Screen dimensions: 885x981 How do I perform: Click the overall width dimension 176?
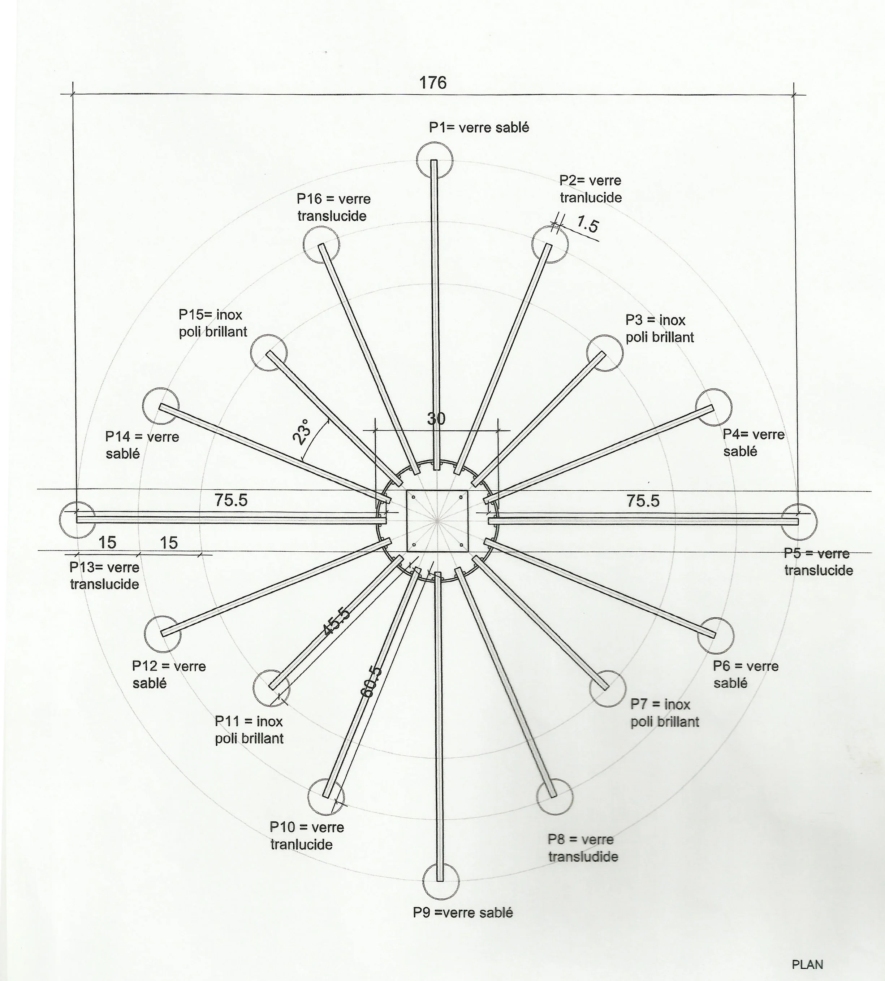click(433, 83)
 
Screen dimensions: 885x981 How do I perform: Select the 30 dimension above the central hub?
click(436, 418)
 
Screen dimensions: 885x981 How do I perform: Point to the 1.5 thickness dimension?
click(587, 224)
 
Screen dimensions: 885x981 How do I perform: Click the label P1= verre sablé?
click(479, 127)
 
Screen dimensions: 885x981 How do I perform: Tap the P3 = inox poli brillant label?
click(659, 329)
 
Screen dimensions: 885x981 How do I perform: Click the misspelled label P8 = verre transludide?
click(583, 848)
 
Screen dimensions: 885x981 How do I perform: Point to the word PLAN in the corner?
click(807, 964)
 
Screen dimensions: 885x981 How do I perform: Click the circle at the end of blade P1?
click(435, 160)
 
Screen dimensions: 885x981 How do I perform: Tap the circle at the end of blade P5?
click(799, 522)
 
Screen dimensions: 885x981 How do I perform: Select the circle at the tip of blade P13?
click(77, 520)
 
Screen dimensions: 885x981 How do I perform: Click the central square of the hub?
click(437, 521)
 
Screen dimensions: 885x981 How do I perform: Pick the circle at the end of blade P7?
click(607, 688)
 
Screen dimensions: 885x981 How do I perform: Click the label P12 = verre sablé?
click(169, 674)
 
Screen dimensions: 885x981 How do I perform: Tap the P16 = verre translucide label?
click(333, 207)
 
